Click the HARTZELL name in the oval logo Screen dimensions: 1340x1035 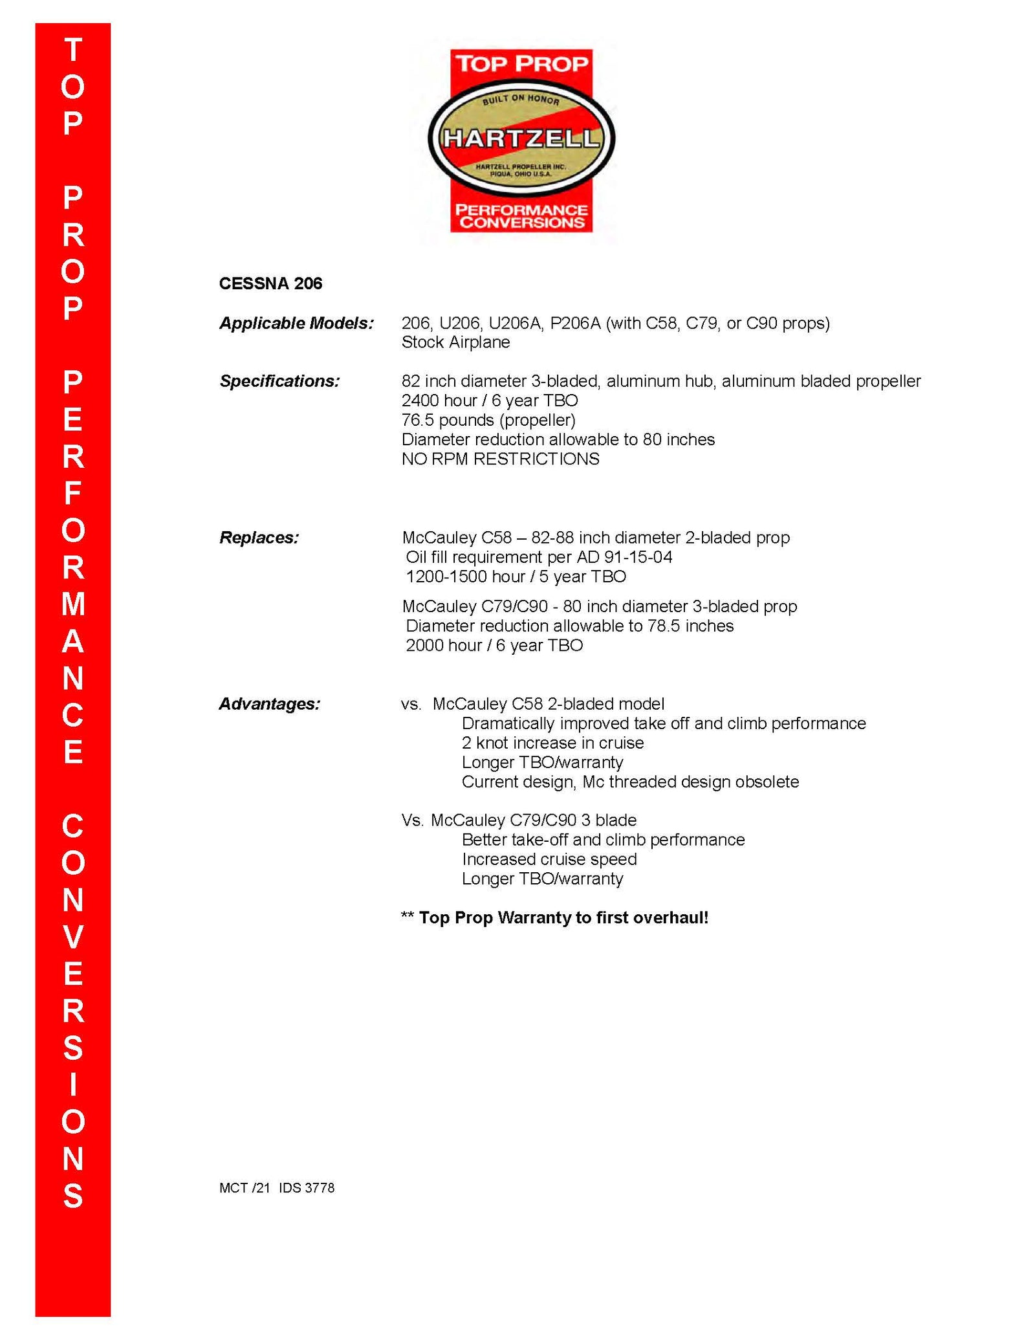click(521, 138)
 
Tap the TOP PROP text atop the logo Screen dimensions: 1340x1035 click(521, 63)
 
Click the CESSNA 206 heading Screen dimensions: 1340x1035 click(270, 283)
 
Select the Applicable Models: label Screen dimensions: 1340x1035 click(296, 323)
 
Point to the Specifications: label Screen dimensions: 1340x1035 click(279, 381)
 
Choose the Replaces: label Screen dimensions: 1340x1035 click(259, 538)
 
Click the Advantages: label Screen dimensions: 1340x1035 click(269, 703)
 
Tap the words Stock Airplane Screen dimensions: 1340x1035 click(455, 342)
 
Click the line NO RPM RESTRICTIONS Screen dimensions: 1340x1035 click(500, 459)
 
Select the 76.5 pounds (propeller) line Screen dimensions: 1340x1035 click(488, 420)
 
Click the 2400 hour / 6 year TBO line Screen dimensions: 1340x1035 click(490, 401)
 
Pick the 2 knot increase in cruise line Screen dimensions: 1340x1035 click(552, 743)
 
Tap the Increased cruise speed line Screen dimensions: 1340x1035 click(549, 859)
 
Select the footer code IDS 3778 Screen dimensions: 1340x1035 click(307, 1188)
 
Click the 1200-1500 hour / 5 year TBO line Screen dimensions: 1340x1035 click(516, 577)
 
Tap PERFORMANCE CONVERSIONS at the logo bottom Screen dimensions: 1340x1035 click(521, 216)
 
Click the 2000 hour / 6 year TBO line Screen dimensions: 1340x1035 click(494, 645)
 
